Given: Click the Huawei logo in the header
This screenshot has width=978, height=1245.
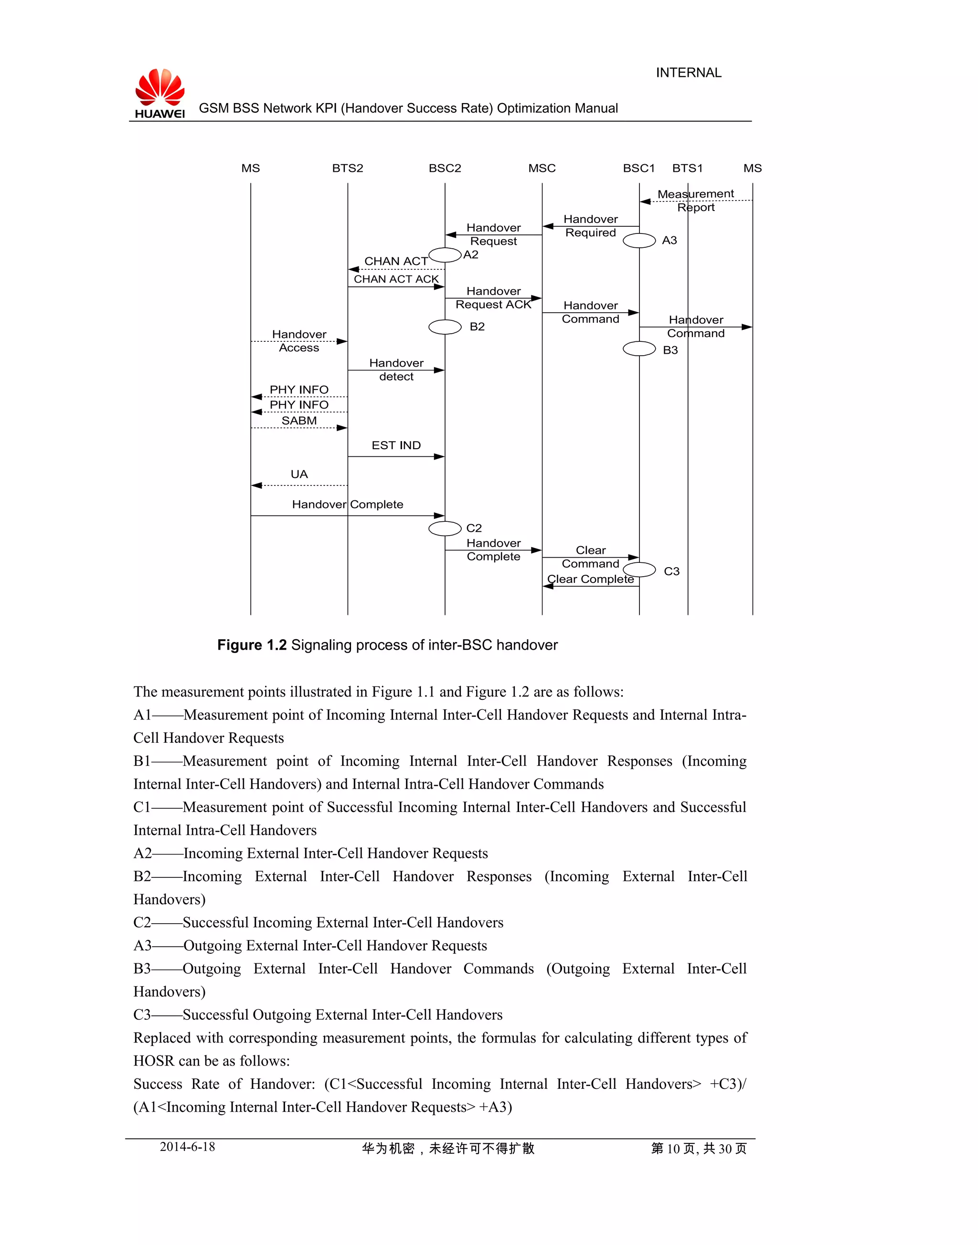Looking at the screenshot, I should pyautogui.click(x=160, y=93).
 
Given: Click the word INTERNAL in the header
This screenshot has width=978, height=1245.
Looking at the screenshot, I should pyautogui.click(x=688, y=73).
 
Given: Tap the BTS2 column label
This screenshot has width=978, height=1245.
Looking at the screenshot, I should pyautogui.click(x=348, y=169).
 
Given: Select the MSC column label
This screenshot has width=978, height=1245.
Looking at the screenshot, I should pyautogui.click(x=542, y=169).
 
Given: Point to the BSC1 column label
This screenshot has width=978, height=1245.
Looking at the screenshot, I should pyautogui.click(x=638, y=169).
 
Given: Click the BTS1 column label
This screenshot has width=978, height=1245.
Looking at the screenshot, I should pyautogui.click(x=687, y=169).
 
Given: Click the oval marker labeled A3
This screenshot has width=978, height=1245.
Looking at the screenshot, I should pyautogui.click(x=639, y=241).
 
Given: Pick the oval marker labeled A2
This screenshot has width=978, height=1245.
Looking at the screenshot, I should pyautogui.click(x=445, y=255).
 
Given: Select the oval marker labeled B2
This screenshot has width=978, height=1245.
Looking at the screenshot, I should pyautogui.click(x=445, y=327).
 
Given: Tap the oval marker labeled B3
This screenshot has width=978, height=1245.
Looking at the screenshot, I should pyautogui.click(x=639, y=348).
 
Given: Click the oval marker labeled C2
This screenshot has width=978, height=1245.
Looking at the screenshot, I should pyautogui.click(x=445, y=528).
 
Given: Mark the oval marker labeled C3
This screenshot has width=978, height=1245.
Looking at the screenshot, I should pyautogui.click(x=639, y=570).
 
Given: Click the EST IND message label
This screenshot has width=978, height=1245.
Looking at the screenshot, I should pyautogui.click(x=396, y=445).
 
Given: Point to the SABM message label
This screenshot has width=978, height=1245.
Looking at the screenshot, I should pyautogui.click(x=299, y=421).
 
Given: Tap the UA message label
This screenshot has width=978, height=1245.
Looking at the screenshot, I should pyautogui.click(x=299, y=474).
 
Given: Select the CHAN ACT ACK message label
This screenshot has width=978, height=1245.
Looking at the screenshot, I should pyautogui.click(x=396, y=279).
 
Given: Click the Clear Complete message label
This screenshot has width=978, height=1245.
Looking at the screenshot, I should pyautogui.click(x=590, y=579).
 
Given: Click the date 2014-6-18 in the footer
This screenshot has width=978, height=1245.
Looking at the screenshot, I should pyautogui.click(x=187, y=1147).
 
